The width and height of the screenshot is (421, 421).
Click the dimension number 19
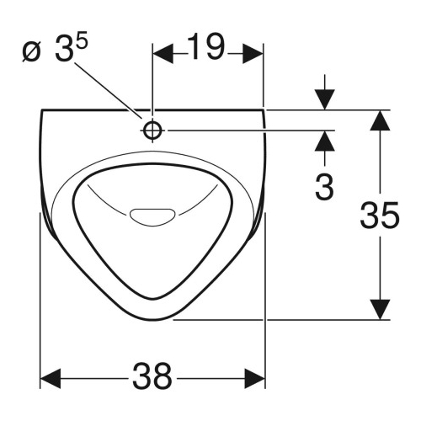pos(205,47)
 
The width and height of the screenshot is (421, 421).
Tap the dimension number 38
pos(152,376)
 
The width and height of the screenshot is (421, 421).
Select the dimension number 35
pos(380,215)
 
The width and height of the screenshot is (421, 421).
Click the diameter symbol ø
pos(31,52)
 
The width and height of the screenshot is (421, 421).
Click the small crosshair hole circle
pos(152,131)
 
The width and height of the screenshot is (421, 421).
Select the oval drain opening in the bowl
pos(152,216)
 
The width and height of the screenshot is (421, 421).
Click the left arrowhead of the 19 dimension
pos(163,54)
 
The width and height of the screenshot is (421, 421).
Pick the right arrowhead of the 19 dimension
pos(253,54)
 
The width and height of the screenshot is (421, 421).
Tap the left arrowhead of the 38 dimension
pos(51,378)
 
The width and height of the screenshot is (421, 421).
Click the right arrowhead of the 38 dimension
pos(255,378)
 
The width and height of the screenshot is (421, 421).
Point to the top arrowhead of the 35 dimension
pos(380,120)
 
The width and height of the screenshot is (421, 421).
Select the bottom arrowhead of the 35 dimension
pos(380,309)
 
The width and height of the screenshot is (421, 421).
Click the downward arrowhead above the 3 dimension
pos(325,99)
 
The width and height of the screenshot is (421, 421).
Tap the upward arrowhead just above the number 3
pos(325,141)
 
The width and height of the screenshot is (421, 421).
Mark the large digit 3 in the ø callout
pos(64,49)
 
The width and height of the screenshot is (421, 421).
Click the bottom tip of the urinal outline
pos(153,321)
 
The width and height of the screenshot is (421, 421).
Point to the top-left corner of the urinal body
pos(42,109)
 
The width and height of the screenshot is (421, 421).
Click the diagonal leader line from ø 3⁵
pos(109,90)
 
